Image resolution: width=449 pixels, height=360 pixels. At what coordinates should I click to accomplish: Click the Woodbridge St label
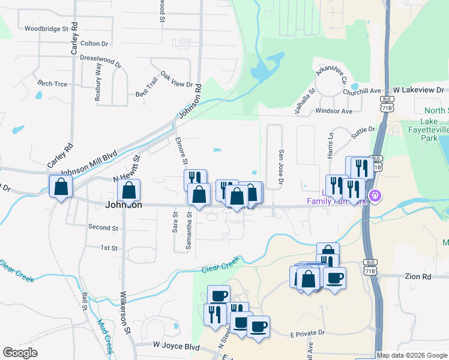coord(45,28)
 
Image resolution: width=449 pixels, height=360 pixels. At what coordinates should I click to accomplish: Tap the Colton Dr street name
coord(94,44)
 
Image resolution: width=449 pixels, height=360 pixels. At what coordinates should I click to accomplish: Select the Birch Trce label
coord(52,83)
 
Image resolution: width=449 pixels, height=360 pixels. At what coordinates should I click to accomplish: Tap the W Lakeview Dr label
coord(418,89)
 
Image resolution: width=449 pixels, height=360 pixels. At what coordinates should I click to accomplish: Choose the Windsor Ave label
coord(333,111)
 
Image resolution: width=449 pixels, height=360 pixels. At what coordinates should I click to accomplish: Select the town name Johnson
coord(124,205)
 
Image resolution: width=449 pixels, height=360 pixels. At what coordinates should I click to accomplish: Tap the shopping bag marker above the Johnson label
coord(129,191)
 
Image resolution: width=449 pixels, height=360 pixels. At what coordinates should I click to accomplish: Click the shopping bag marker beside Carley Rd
coord(61,187)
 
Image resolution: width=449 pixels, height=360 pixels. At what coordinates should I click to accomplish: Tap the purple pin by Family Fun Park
coord(375,195)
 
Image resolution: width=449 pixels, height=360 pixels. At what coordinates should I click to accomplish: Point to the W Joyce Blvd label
coord(175,346)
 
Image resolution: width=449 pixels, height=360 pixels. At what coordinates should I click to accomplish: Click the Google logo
coord(20,353)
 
